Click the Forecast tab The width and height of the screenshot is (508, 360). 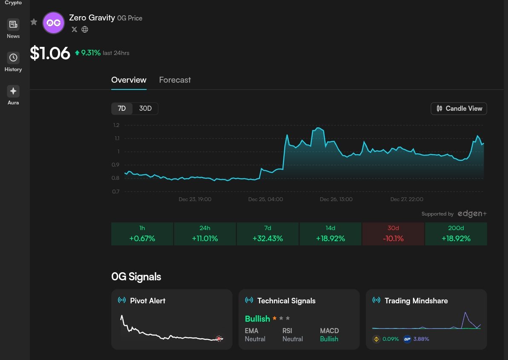175,80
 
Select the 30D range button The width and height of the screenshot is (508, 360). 145,109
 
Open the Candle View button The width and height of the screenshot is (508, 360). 459,109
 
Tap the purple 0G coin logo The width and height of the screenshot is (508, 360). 54,23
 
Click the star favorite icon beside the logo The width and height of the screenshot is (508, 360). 34,22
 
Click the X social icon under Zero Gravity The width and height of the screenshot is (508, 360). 75,29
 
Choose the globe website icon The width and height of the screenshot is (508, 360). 85,29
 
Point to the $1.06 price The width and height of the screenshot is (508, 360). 50,54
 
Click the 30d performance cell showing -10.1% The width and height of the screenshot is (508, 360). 393,234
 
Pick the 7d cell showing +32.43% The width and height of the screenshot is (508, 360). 268,234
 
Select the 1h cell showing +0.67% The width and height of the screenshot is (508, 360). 142,234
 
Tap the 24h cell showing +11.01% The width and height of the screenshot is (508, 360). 205,234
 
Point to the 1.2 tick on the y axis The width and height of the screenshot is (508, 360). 116,125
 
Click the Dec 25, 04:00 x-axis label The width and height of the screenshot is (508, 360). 265,199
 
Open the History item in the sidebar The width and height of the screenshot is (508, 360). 13,62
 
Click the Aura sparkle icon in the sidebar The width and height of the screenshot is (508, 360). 13,91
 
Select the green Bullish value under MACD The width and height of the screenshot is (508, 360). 329,339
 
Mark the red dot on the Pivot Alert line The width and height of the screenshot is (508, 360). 219,339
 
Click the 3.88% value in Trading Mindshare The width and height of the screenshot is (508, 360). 421,339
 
